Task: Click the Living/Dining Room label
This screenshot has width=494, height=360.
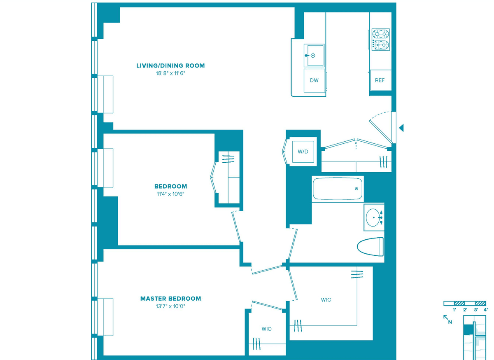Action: [x=170, y=65]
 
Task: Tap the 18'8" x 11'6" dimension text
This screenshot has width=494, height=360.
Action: [x=170, y=73]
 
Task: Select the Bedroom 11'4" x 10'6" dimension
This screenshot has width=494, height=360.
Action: [x=170, y=194]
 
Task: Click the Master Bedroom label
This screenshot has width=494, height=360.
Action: [x=170, y=299]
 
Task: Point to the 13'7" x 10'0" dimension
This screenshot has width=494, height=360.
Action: [x=170, y=306]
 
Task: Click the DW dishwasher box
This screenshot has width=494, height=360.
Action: [x=314, y=81]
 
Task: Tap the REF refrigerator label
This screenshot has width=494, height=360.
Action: [x=380, y=80]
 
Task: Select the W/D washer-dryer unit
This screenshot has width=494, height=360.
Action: [x=303, y=152]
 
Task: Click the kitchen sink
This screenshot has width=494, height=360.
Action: [x=314, y=55]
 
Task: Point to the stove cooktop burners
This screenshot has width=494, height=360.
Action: [x=381, y=40]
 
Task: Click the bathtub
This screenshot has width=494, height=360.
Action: [x=338, y=189]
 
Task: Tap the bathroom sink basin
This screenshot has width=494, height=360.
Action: [x=373, y=217]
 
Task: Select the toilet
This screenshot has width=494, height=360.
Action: [x=370, y=247]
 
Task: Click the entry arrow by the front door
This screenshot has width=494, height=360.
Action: [x=401, y=128]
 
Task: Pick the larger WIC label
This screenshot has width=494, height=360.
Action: [x=326, y=300]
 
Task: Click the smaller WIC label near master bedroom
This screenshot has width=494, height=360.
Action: [x=266, y=329]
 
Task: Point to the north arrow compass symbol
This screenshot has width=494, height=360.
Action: [x=448, y=319]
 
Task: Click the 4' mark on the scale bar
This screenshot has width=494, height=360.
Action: [x=486, y=310]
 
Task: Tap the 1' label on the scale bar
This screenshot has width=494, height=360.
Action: [x=454, y=310]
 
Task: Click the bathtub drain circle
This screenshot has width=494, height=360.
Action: [x=357, y=189]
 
